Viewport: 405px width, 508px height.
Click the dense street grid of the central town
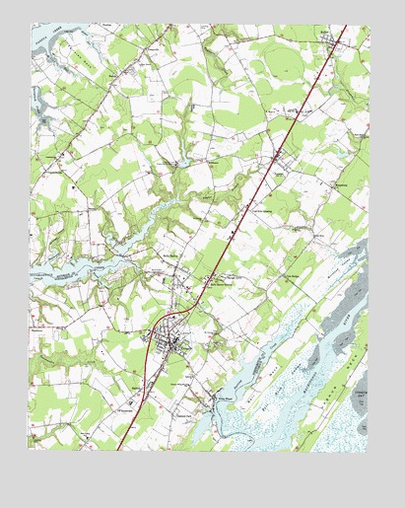[x=177, y=342]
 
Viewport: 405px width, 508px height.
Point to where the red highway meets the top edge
[x=347, y=27]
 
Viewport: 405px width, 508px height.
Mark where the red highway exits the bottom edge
[x=118, y=450]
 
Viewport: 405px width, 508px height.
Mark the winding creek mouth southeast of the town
[x=222, y=414]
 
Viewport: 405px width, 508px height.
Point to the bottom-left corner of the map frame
[x=29, y=450]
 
